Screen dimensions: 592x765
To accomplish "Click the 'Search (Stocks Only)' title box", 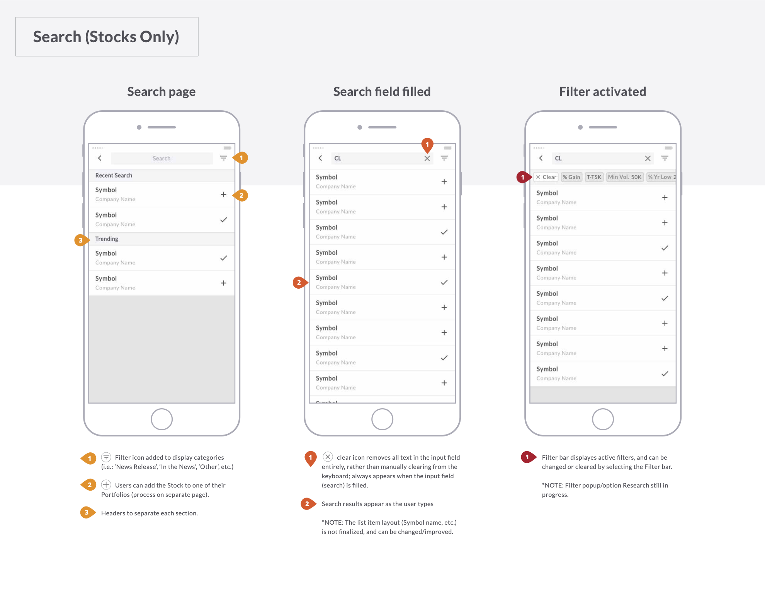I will (x=107, y=37).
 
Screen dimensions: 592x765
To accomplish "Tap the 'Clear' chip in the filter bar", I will (x=546, y=177).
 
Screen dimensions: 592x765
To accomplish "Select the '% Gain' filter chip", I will (x=571, y=177).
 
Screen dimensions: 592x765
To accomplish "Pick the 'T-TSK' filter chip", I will (x=594, y=177).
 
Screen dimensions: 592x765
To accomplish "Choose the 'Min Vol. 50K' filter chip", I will (x=624, y=177).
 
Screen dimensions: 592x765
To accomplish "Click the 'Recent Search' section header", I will (x=114, y=175).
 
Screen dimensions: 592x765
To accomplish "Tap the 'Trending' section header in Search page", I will (x=107, y=239).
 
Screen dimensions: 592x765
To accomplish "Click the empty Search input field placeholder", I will (x=161, y=158).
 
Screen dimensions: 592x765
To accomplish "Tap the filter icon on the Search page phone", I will (x=223, y=158).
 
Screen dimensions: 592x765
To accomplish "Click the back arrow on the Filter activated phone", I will (x=541, y=158).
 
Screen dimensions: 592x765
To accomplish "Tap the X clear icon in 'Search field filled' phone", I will (x=427, y=158).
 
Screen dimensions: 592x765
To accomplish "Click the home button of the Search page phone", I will (x=161, y=419).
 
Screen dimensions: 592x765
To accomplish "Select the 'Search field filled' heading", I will (x=382, y=92).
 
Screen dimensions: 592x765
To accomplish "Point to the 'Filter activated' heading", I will (x=602, y=92).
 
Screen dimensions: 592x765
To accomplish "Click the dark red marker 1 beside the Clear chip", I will (x=523, y=177).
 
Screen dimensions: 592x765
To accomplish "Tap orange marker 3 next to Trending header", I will (x=80, y=240).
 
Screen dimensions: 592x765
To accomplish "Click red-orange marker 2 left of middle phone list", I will (x=298, y=282).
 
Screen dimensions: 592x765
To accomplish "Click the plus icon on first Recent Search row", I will (x=223, y=195).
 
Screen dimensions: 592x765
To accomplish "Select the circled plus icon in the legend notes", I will (x=106, y=485).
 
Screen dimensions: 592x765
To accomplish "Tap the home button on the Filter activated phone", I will (x=602, y=419).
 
